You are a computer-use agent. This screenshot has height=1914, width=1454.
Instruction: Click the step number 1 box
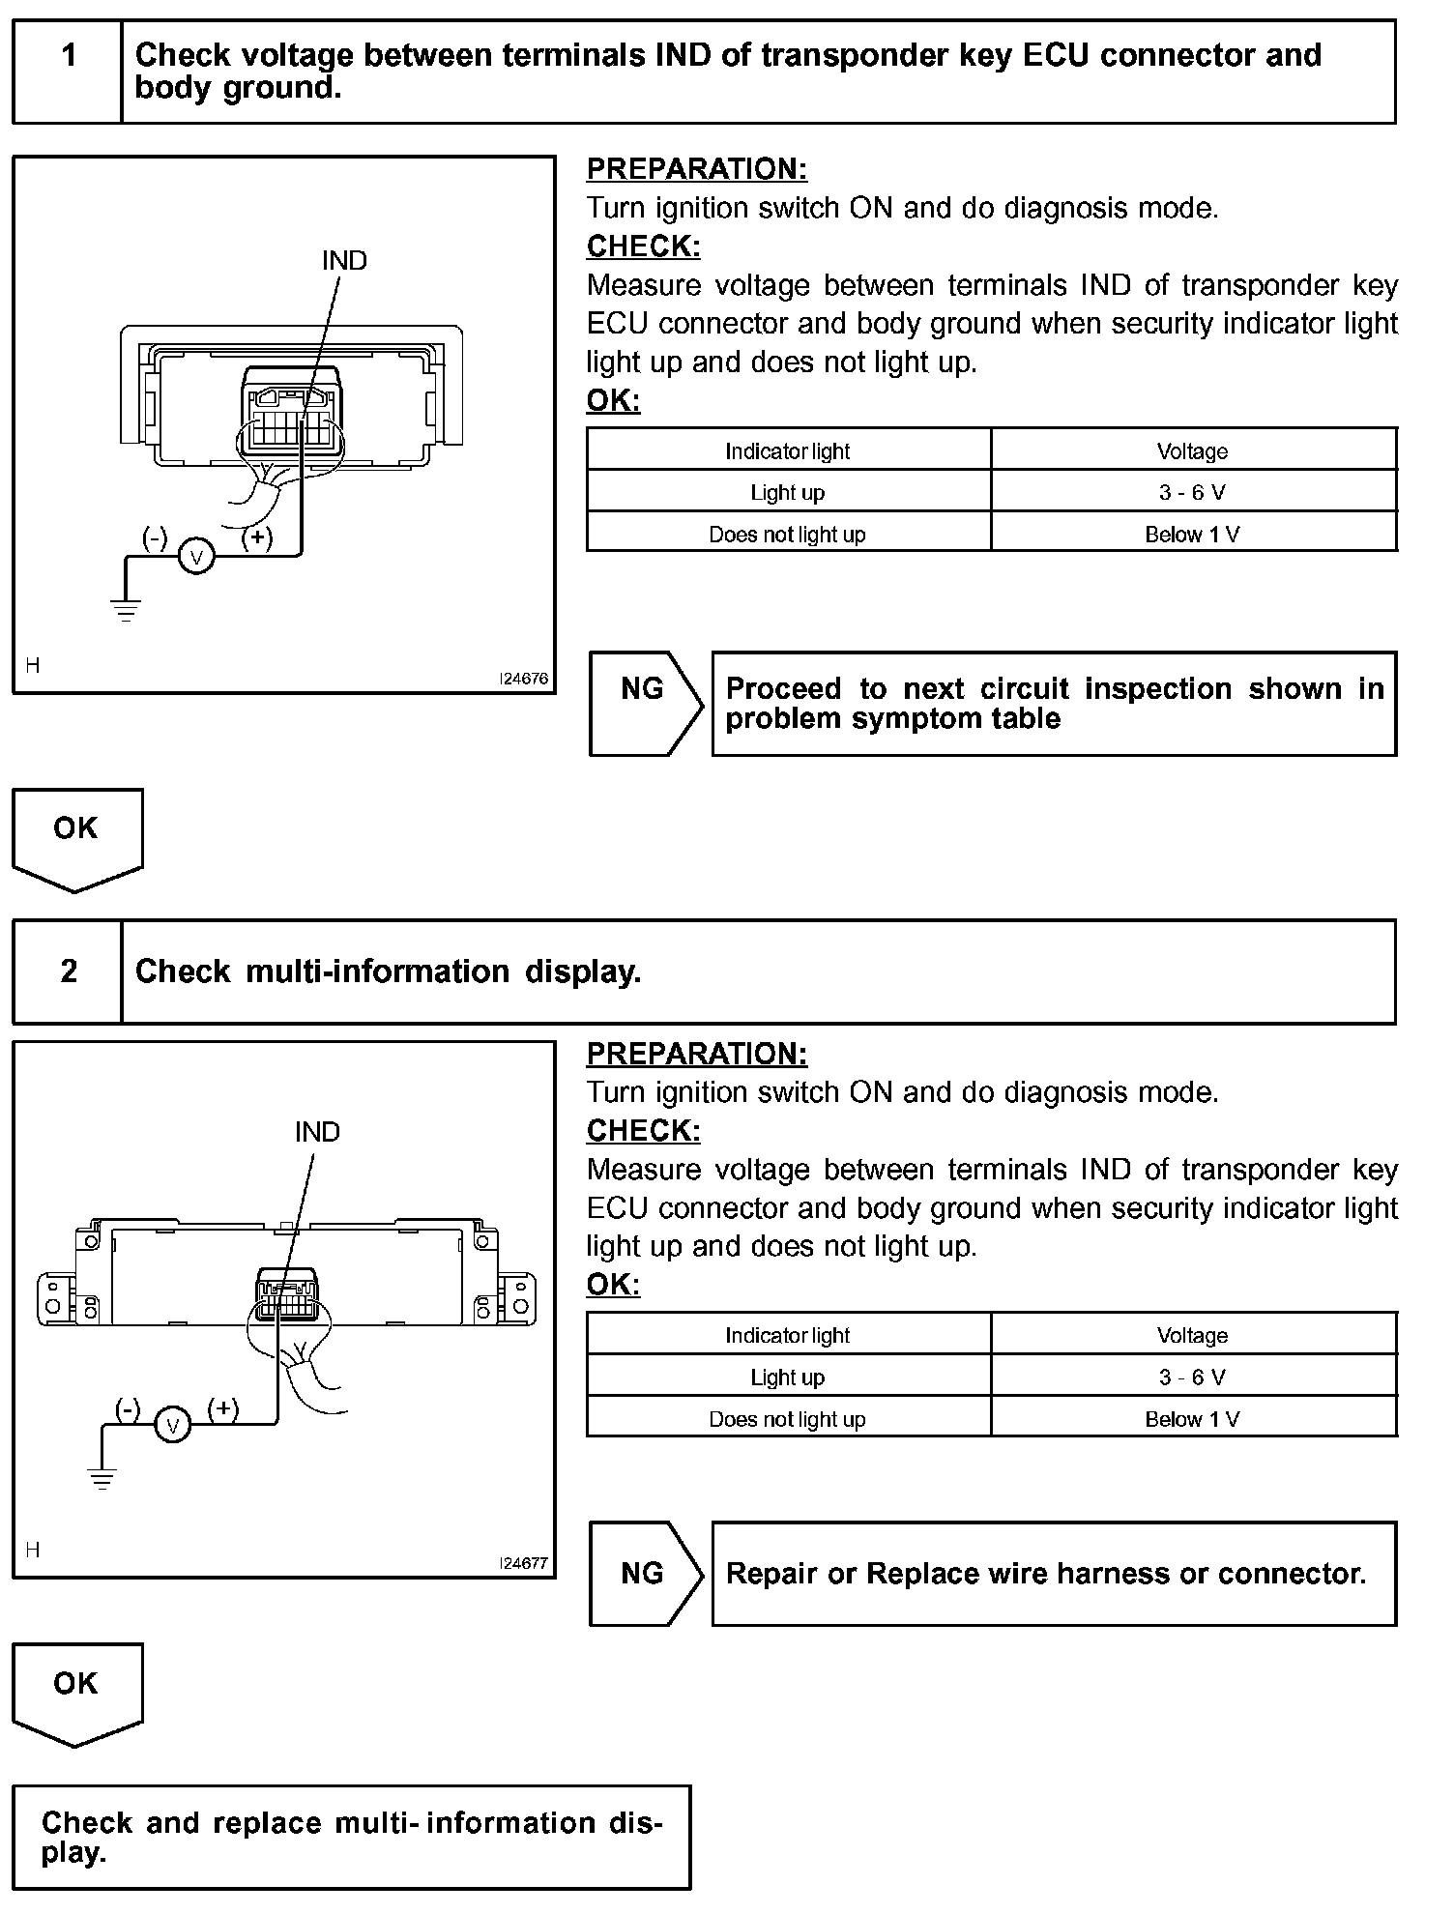pyautogui.click(x=68, y=72)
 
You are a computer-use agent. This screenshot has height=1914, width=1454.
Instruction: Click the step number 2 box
pyautogui.click(x=68, y=971)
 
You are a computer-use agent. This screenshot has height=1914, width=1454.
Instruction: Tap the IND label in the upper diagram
pyautogui.click(x=344, y=261)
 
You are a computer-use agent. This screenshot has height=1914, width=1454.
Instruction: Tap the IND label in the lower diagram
pyautogui.click(x=317, y=1132)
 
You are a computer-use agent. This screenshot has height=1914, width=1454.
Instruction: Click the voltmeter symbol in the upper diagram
pyautogui.click(x=197, y=557)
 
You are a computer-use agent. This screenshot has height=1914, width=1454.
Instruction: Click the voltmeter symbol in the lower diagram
pyautogui.click(x=173, y=1425)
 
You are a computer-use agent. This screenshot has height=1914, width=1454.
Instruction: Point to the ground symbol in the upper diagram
pyautogui.click(x=126, y=609)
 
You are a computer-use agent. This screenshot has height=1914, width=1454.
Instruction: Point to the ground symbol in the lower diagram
pyautogui.click(x=102, y=1478)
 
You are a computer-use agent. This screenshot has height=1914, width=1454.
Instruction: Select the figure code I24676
pyautogui.click(x=524, y=679)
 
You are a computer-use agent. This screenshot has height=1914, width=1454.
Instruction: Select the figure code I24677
pyautogui.click(x=524, y=1563)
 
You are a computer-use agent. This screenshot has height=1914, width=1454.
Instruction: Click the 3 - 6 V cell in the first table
pyautogui.click(x=1192, y=492)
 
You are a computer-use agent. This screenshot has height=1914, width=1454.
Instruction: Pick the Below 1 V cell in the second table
pyautogui.click(x=1192, y=1419)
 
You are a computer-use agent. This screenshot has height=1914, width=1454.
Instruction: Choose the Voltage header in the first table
pyautogui.click(x=1192, y=450)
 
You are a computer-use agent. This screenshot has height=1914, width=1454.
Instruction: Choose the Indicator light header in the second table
pyautogui.click(x=787, y=1335)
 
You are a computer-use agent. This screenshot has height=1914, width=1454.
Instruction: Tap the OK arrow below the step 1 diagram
pyautogui.click(x=76, y=837)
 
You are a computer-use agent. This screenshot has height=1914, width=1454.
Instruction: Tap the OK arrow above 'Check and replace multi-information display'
pyautogui.click(x=76, y=1693)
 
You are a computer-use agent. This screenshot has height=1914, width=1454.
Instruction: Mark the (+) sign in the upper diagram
pyautogui.click(x=256, y=537)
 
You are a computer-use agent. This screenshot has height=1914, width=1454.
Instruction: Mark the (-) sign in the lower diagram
pyautogui.click(x=128, y=1408)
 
